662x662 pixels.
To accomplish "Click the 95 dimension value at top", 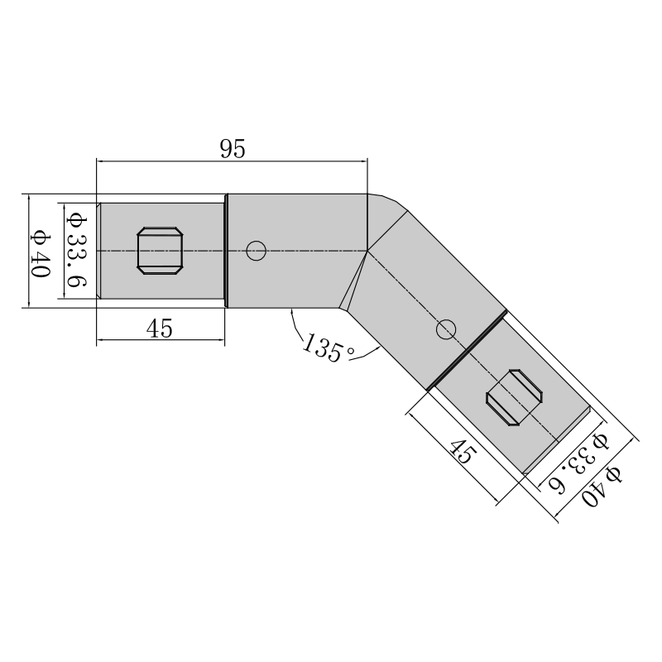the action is coord(233,149).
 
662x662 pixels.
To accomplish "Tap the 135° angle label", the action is coord(329,348).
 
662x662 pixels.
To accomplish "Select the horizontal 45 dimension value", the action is coord(160,329).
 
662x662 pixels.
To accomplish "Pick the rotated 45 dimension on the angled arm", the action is coord(463,451).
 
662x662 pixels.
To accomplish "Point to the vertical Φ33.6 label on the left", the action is coord(77,250).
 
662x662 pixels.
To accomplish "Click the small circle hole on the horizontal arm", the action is coord(256,251).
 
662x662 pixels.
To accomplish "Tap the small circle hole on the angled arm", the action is coord(446,329).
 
